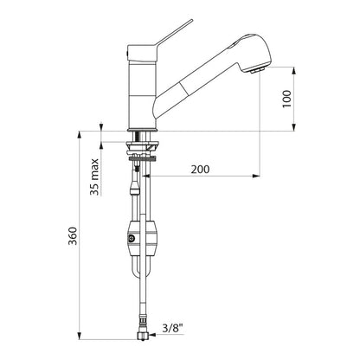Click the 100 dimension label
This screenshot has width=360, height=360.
[x=287, y=99]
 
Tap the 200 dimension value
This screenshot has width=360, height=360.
[x=201, y=169]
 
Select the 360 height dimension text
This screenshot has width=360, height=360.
[x=73, y=236]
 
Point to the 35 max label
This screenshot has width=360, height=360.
[x=94, y=177]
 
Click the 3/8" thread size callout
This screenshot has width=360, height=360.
[x=173, y=328]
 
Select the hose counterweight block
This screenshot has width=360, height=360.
[x=143, y=239]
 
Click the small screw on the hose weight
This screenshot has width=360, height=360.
[x=132, y=238]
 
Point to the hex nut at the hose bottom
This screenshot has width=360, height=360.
[x=143, y=336]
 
